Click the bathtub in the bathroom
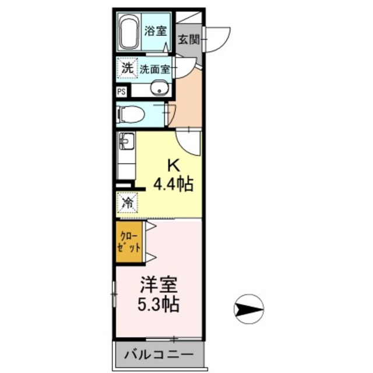(128, 33)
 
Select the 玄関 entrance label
(188, 40)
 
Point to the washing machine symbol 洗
(126, 68)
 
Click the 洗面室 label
(154, 69)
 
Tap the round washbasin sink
(158, 89)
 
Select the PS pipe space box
(121, 92)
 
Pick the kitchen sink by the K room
(126, 141)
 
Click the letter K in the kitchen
(173, 165)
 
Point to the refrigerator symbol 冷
(126, 203)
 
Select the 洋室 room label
(158, 286)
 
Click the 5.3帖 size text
(158, 304)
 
